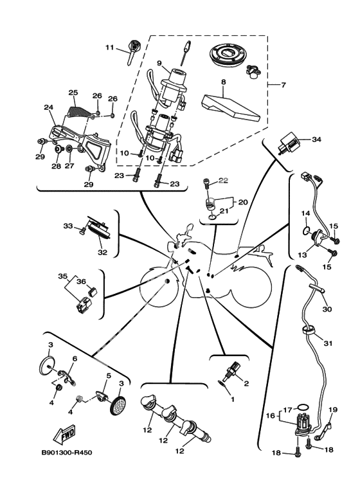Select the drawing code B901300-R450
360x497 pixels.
(x=67, y=452)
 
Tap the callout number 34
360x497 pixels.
(x=316, y=140)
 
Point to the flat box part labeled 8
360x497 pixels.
(x=231, y=108)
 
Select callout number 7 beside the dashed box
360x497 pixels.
(x=283, y=85)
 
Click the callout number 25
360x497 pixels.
(x=73, y=93)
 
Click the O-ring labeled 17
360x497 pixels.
(x=303, y=407)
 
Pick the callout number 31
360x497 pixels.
(x=327, y=343)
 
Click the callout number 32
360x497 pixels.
(x=102, y=253)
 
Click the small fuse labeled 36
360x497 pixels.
(x=93, y=291)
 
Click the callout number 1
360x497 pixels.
(x=232, y=399)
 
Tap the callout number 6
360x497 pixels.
(x=75, y=359)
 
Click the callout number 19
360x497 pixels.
(x=333, y=410)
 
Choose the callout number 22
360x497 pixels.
(x=223, y=181)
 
